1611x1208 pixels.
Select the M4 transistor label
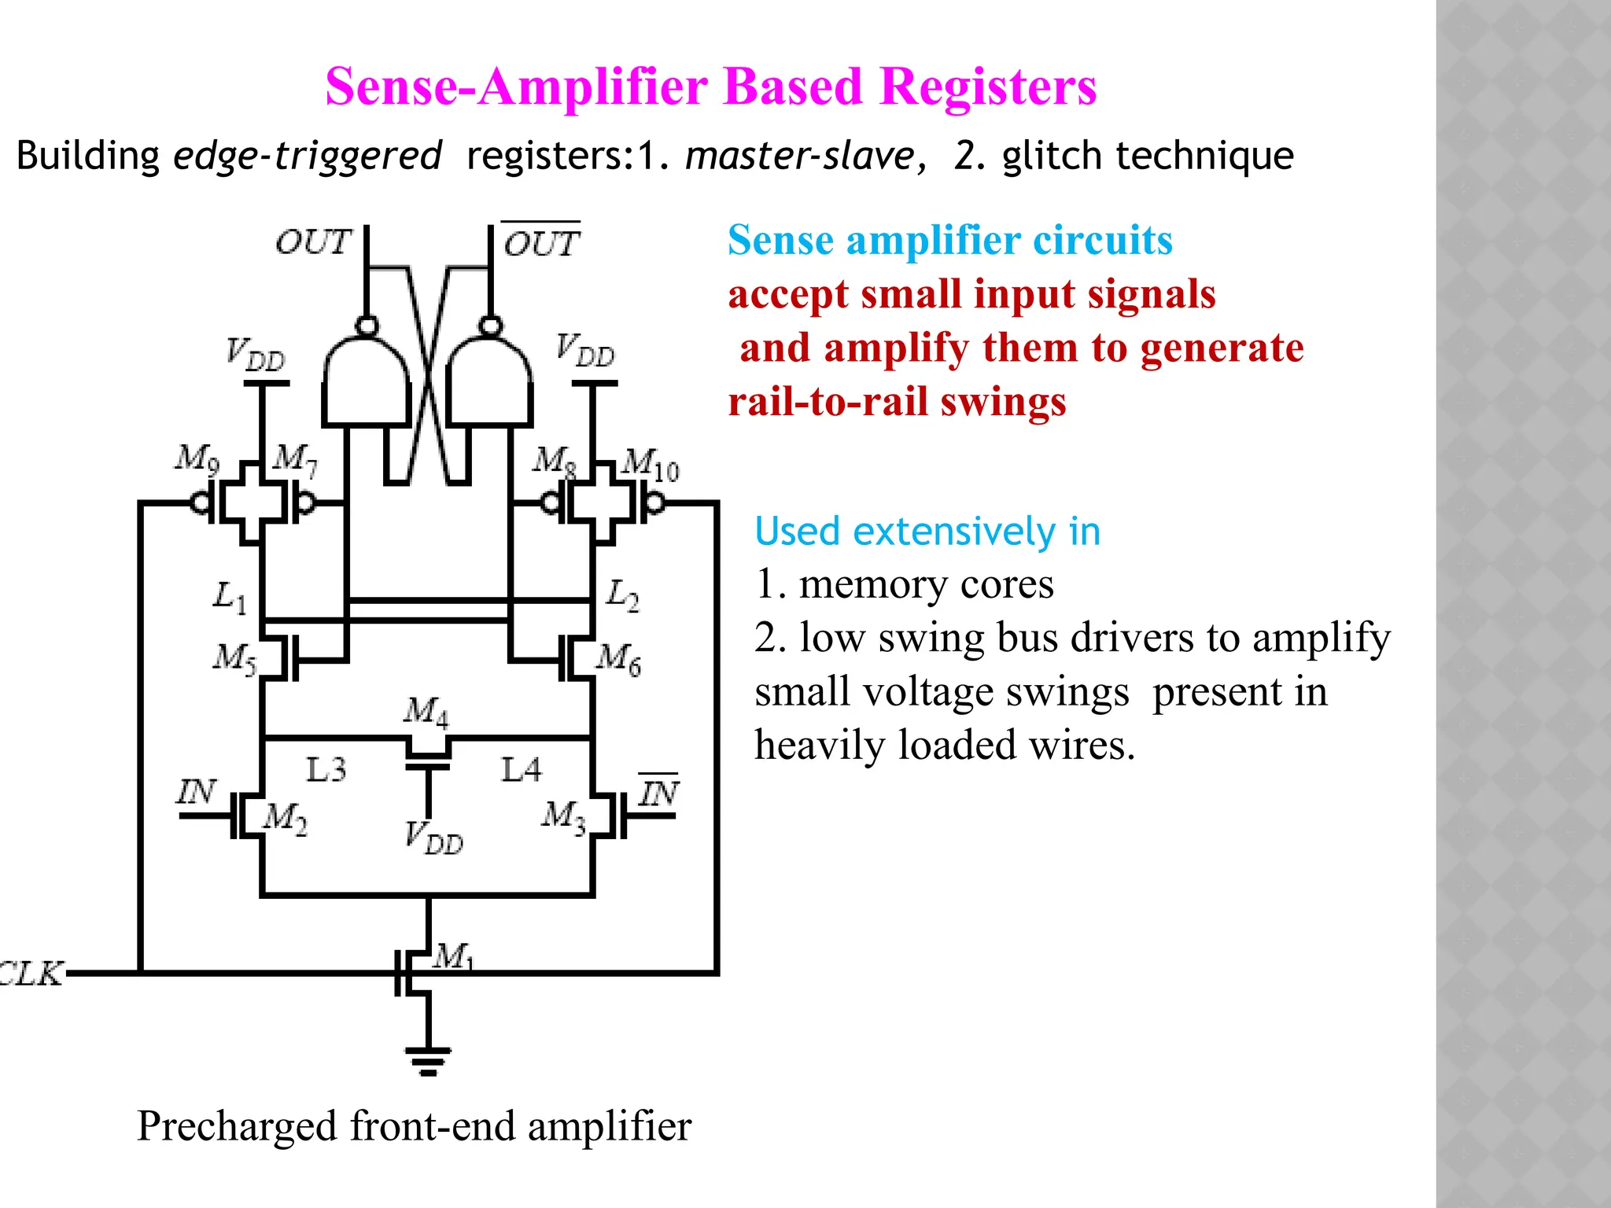[x=426, y=712]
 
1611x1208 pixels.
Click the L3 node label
[x=326, y=769]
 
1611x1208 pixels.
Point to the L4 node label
[x=521, y=769]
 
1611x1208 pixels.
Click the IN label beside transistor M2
[x=196, y=792]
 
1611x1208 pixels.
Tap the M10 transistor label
[x=650, y=466]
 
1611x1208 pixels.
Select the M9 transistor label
[x=197, y=459]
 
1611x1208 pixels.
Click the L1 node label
[x=230, y=596]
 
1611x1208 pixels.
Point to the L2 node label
[x=622, y=595]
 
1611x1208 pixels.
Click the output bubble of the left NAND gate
[x=367, y=325]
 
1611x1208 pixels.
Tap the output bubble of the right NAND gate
[x=491, y=325]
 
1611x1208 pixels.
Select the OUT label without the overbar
[x=312, y=241]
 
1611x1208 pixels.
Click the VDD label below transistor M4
[x=433, y=837]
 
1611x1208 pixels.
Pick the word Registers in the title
[x=987, y=87]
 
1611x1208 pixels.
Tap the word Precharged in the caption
[x=238, y=1126]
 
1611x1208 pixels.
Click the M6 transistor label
[x=618, y=659]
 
